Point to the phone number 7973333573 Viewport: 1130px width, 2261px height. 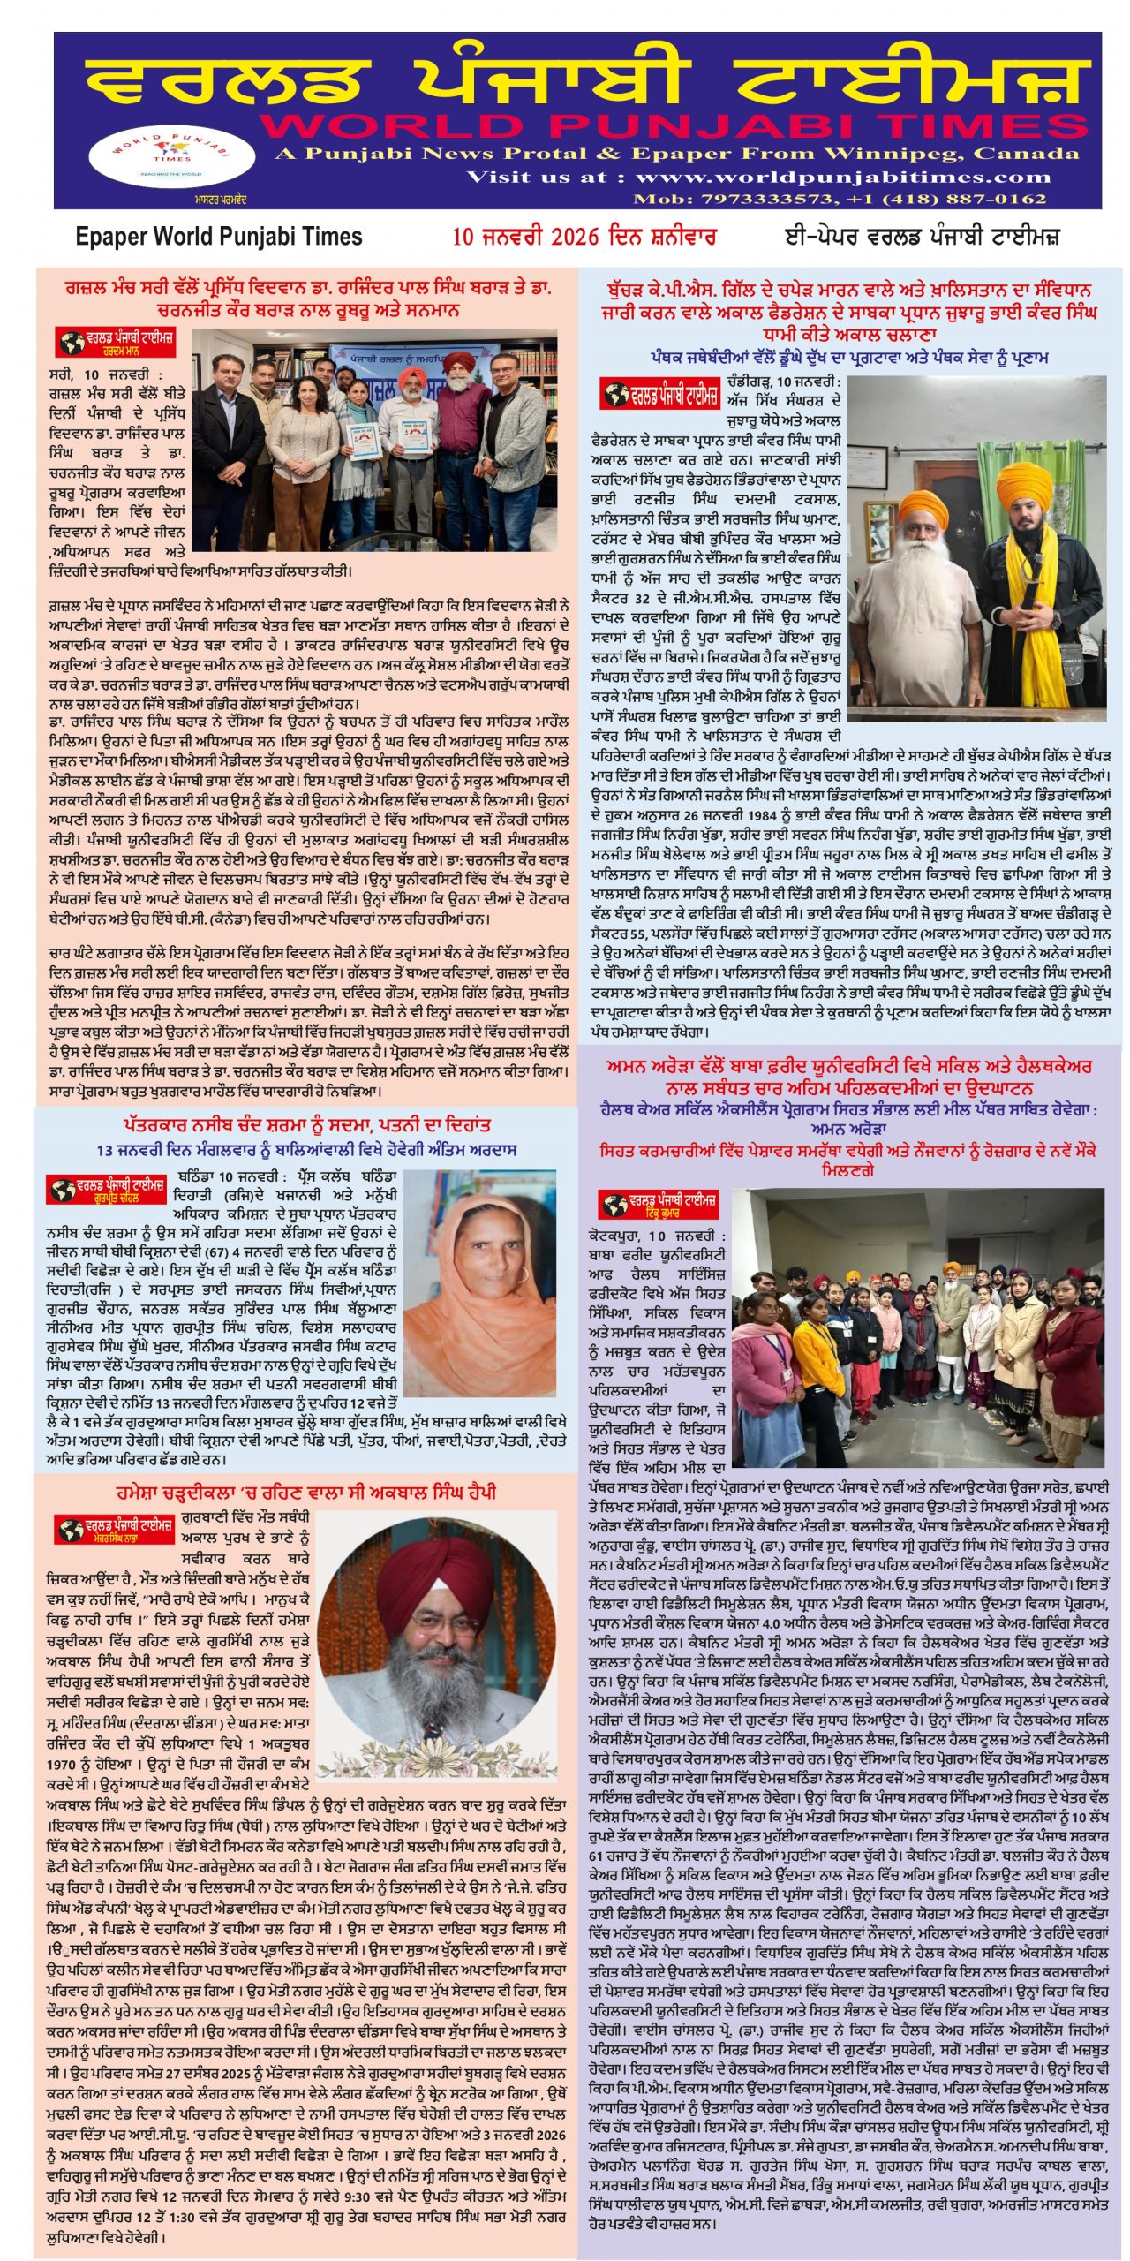pyautogui.click(x=757, y=199)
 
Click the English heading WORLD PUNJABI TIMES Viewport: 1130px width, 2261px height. pyautogui.click(x=671, y=125)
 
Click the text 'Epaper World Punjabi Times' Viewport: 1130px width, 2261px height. pyautogui.click(x=219, y=237)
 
